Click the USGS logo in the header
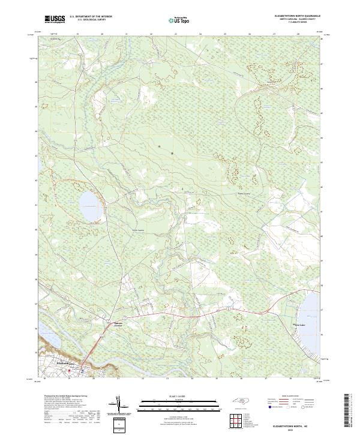54,19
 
